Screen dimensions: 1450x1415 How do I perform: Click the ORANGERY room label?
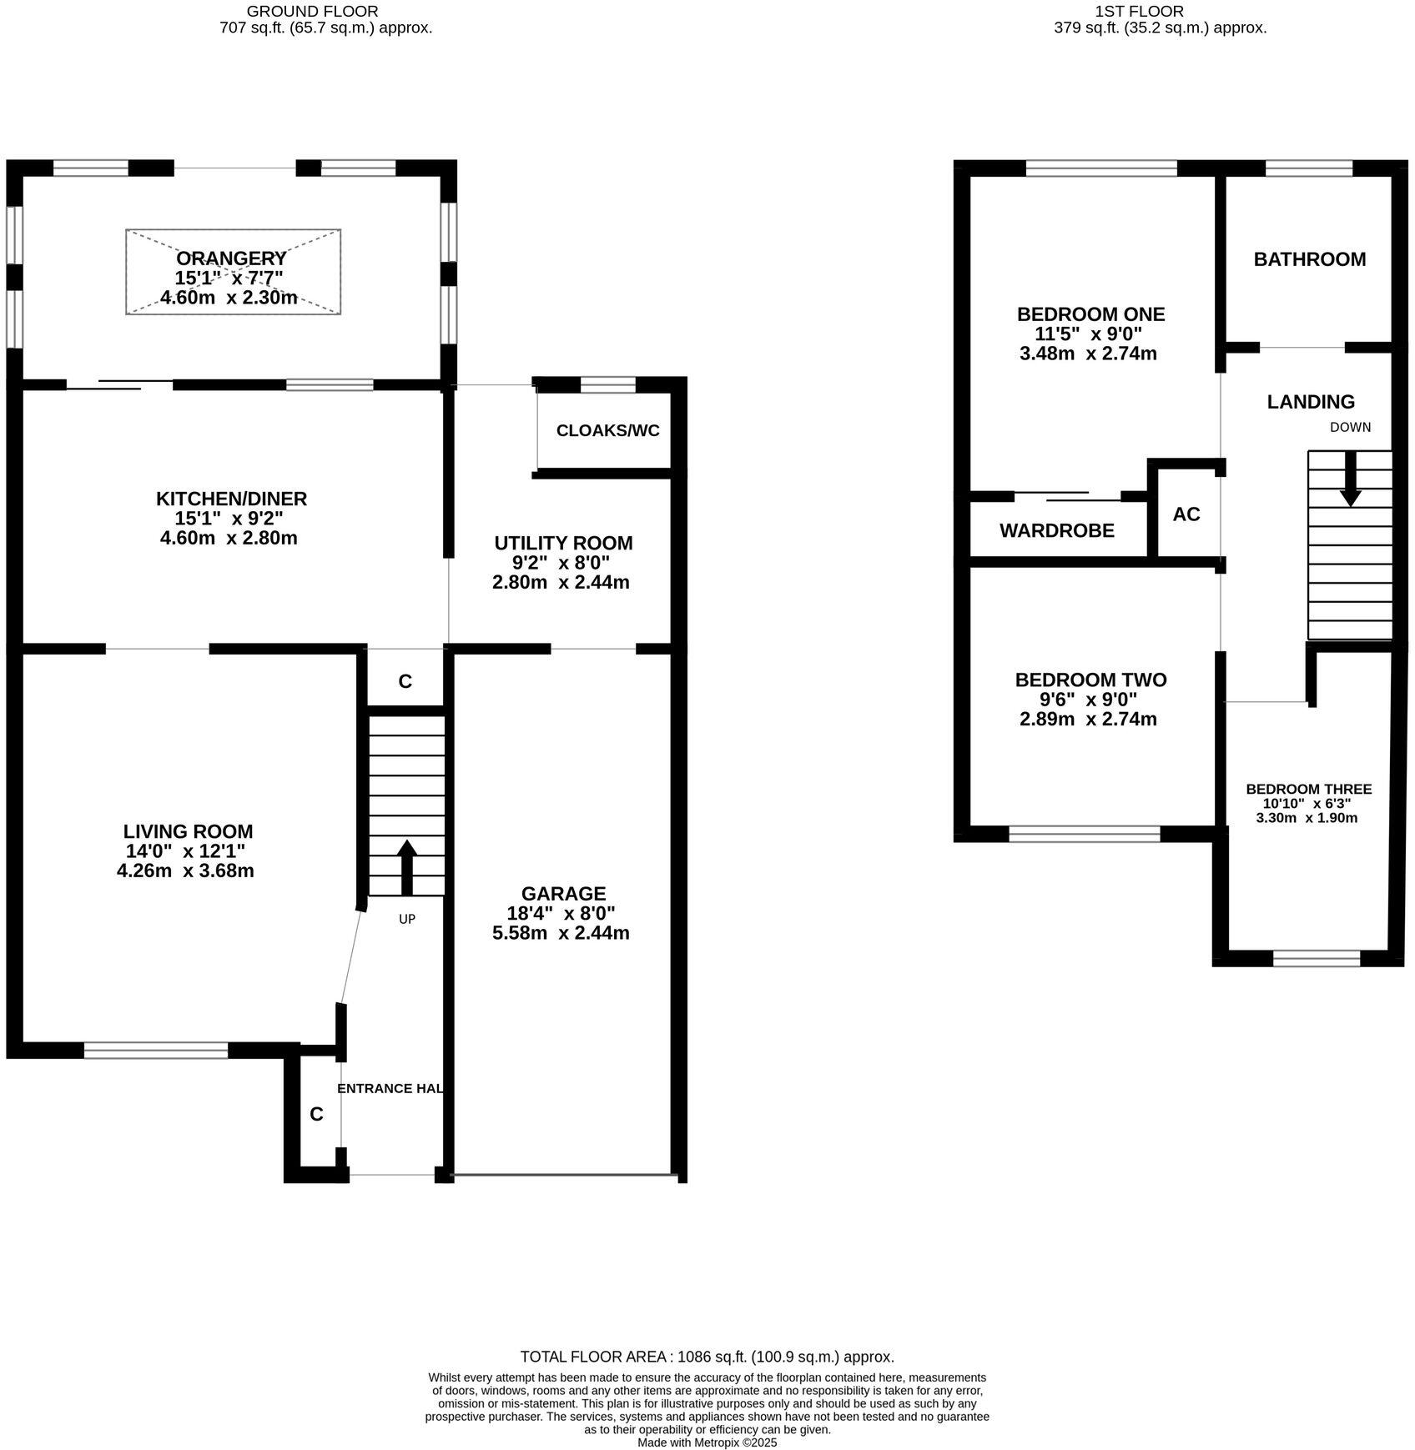click(x=231, y=258)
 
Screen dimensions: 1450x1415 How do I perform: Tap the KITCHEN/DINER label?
click(x=231, y=499)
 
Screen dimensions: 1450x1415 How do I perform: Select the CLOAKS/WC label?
click(x=607, y=430)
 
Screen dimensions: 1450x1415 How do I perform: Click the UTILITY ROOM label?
click(x=563, y=543)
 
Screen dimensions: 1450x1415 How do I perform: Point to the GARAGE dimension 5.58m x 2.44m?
click(x=561, y=932)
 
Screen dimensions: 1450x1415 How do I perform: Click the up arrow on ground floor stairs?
click(x=406, y=867)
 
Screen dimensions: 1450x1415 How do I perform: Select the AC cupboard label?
click(x=1186, y=514)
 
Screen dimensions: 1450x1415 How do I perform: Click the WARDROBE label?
click(x=1056, y=530)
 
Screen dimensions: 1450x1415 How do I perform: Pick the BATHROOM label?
click(x=1309, y=259)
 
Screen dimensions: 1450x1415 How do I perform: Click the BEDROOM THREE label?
click(x=1308, y=789)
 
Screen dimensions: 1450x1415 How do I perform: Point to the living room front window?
click(x=156, y=1050)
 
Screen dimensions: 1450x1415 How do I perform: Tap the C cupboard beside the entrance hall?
click(x=316, y=1114)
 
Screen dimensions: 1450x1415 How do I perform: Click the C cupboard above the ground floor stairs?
click(x=405, y=681)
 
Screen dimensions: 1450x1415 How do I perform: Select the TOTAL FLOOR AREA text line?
click(x=707, y=1357)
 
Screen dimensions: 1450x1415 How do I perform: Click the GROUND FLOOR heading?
click(x=312, y=12)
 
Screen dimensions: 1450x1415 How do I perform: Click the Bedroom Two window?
click(x=1084, y=833)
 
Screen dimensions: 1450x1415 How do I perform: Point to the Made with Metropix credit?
click(x=707, y=1442)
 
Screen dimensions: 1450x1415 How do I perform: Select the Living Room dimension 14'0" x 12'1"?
click(x=186, y=851)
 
